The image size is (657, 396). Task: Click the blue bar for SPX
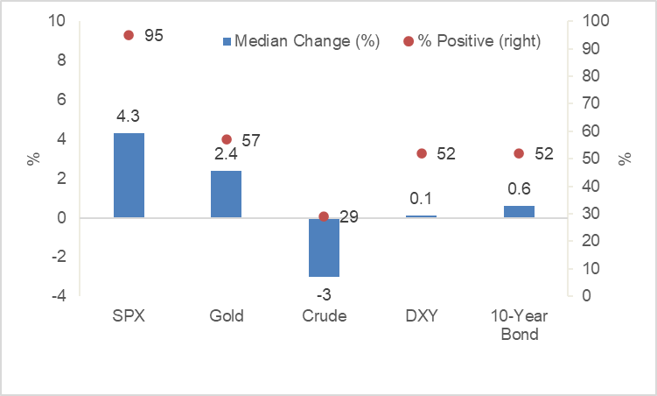coord(129,175)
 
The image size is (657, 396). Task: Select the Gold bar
coord(226,194)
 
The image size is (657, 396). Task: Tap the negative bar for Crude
coord(324,247)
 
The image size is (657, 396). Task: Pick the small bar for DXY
coord(421,216)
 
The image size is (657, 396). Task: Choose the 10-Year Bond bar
coord(519,211)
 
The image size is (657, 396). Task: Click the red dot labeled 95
coord(129,35)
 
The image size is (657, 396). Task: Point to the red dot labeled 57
coord(226,139)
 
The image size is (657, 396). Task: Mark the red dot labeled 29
coord(324,216)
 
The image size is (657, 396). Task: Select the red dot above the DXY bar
coord(421,153)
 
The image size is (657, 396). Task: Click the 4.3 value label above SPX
coord(129,115)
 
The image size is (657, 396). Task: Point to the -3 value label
coord(324,293)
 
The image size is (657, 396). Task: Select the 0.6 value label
coord(519,188)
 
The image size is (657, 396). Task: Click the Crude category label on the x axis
coord(324,316)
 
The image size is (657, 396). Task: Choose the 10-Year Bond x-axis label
coord(519,325)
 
